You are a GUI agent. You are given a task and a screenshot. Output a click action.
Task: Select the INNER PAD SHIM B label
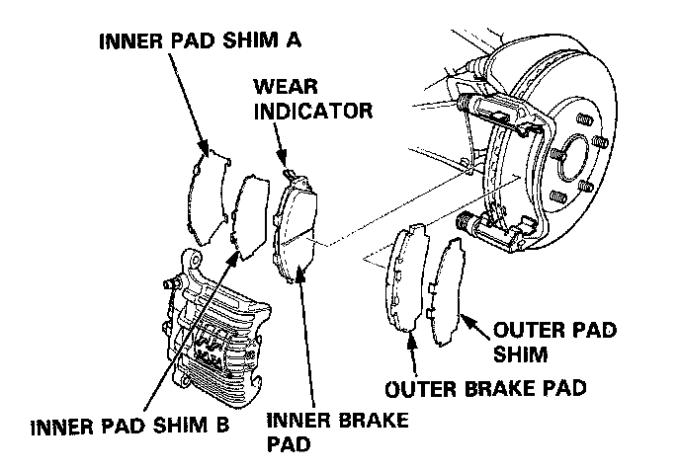[131, 428]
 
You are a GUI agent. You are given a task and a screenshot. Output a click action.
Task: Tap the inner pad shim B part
[248, 212]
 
